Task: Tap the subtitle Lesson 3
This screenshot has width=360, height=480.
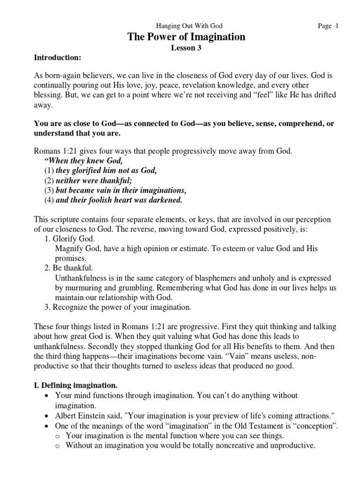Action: pos(186,48)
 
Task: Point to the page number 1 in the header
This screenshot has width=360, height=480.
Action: pos(337,27)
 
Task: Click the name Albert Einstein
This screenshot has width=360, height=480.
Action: pos(82,415)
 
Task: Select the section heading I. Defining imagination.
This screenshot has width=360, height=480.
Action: pos(76,386)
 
